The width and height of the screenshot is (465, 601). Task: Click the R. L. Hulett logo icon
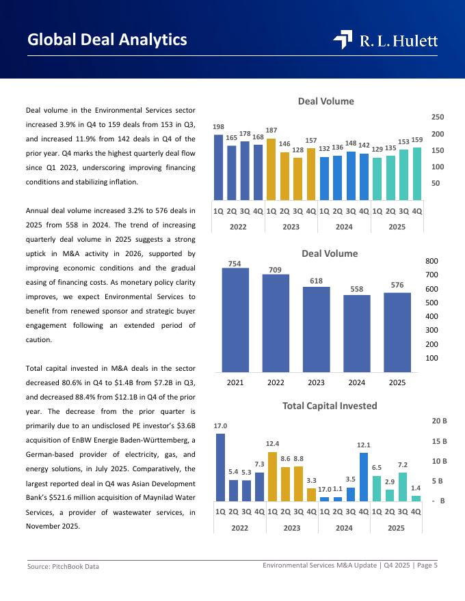(x=343, y=40)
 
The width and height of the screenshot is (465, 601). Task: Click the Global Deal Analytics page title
(x=107, y=40)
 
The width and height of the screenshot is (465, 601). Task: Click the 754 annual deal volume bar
(x=235, y=320)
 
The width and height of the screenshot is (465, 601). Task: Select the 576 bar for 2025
(x=397, y=332)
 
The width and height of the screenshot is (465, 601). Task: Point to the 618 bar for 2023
(x=316, y=329)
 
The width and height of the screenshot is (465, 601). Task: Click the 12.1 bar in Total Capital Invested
(x=364, y=477)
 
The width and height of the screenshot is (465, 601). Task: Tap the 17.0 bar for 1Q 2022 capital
(x=220, y=467)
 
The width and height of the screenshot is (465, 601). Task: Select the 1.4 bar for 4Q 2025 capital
(x=416, y=498)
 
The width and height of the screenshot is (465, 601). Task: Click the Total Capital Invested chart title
(x=330, y=406)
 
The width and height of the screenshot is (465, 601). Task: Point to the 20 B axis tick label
(x=439, y=421)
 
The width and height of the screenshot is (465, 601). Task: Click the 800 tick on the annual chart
(x=431, y=261)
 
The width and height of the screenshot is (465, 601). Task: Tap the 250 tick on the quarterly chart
(x=438, y=117)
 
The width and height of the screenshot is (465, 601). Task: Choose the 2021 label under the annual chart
(x=235, y=382)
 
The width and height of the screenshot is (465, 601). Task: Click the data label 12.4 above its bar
(x=272, y=444)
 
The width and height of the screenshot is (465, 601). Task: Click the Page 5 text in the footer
(x=427, y=565)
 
